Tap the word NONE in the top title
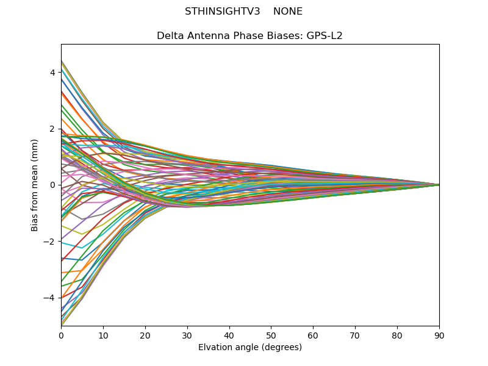pyautogui.click(x=288, y=12)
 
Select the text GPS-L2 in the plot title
pyautogui.click(x=325, y=36)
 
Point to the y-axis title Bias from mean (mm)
pyautogui.click(x=35, y=185)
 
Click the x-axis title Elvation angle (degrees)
pyautogui.click(x=250, y=348)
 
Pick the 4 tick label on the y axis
pyautogui.click(x=52, y=73)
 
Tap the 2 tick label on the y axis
pyautogui.click(x=52, y=129)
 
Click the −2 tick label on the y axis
pyautogui.click(x=50, y=242)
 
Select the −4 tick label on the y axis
pyautogui.click(x=50, y=298)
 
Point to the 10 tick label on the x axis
pyautogui.click(x=103, y=335)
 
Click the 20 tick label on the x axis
pyautogui.click(x=145, y=335)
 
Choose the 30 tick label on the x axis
pyautogui.click(x=187, y=335)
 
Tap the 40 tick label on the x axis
pyautogui.click(x=229, y=335)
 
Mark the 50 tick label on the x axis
pyautogui.click(x=271, y=335)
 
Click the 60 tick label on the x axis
pyautogui.click(x=313, y=335)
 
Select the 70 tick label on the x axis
pyautogui.click(x=355, y=335)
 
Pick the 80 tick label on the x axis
pyautogui.click(x=397, y=335)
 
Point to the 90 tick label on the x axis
pyautogui.click(x=439, y=335)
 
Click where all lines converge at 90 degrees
pyautogui.click(x=439, y=185)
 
